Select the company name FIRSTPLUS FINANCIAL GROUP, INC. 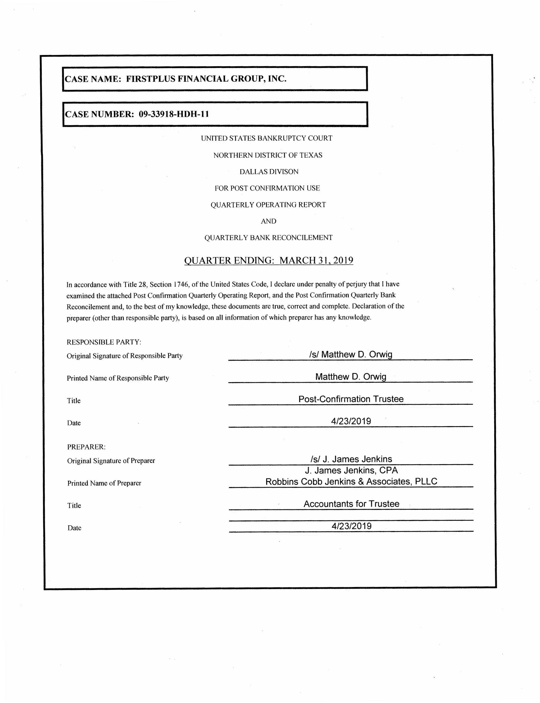coord(206,79)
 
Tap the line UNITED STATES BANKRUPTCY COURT coord(267,138)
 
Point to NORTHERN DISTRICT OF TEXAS coord(268,156)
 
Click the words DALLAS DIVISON coord(269,172)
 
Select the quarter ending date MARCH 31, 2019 coord(316,260)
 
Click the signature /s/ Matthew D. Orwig coord(350,354)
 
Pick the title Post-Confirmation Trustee coord(351,399)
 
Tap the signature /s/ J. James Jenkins coord(351,459)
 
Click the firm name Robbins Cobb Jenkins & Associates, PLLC coord(351,482)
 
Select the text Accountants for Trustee coord(351,504)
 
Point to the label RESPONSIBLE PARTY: coord(104,342)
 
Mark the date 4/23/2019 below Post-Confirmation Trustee coord(351,421)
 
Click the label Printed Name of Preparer coord(104,483)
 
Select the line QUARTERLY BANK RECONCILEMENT coord(268,238)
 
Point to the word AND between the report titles coord(268,221)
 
